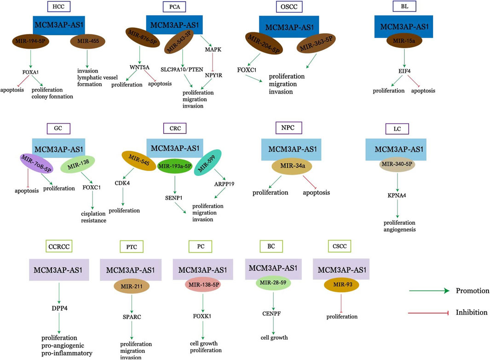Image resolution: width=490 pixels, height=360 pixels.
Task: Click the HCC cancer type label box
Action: pyautogui.click(x=58, y=6)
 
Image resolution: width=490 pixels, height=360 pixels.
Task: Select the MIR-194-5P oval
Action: pyautogui.click(x=30, y=41)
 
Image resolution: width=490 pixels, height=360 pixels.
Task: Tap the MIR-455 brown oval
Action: pyautogui.click(x=87, y=41)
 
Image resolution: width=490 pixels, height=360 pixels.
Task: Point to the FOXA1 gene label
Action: pyautogui.click(x=31, y=72)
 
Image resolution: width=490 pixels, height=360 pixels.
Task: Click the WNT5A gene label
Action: pyautogui.click(x=140, y=68)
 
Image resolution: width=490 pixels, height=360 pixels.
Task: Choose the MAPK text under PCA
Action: pyautogui.click(x=213, y=49)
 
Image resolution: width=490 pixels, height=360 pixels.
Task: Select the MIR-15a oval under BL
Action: pyautogui.click(x=404, y=40)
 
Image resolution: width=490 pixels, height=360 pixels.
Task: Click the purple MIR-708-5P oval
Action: pyautogui.click(x=36, y=163)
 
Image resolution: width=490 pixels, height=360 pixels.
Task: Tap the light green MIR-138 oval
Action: pyautogui.click(x=77, y=164)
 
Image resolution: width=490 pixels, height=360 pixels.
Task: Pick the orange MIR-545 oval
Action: pyautogui.click(x=139, y=161)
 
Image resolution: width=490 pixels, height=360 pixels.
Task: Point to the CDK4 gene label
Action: pyautogui.click(x=122, y=183)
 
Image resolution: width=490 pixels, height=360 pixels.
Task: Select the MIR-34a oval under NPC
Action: pyautogui.click(x=292, y=166)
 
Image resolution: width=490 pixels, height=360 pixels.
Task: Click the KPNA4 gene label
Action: pyautogui.click(x=397, y=195)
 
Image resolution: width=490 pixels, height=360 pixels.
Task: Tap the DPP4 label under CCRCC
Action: pyautogui.click(x=59, y=308)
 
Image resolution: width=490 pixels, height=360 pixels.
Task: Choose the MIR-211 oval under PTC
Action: pyautogui.click(x=132, y=286)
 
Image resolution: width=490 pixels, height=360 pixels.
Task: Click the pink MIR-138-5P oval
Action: pyautogui.click(x=204, y=285)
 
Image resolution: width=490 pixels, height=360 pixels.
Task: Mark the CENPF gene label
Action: pyautogui.click(x=271, y=314)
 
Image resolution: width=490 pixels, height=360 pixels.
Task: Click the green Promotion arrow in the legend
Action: pyautogui.click(x=429, y=291)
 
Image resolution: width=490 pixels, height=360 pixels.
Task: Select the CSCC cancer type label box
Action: pyautogui.click(x=340, y=246)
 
